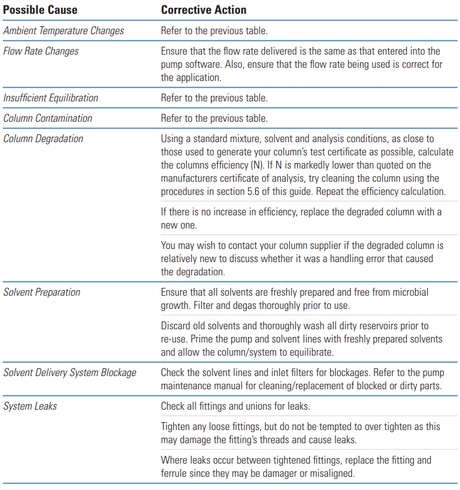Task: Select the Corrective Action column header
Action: click(x=203, y=10)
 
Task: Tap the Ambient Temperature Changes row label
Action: click(x=63, y=31)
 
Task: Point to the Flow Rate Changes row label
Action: click(x=41, y=51)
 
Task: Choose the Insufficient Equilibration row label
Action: click(x=51, y=98)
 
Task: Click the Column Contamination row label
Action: click(x=48, y=118)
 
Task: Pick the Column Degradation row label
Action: click(x=43, y=139)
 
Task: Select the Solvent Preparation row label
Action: click(x=42, y=292)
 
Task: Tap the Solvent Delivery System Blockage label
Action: click(x=69, y=372)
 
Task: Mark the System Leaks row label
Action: click(x=30, y=406)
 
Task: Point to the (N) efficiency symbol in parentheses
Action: click(x=278, y=165)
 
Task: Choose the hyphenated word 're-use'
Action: click(x=174, y=338)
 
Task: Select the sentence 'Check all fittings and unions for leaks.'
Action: click(x=235, y=406)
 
